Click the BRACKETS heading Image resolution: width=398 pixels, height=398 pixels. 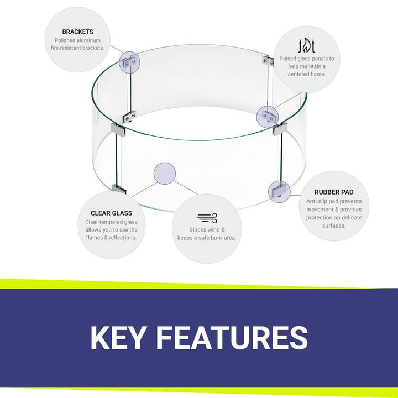coord(77,32)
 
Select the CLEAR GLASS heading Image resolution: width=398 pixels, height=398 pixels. coord(111,213)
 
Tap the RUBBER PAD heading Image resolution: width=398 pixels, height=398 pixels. coord(334,192)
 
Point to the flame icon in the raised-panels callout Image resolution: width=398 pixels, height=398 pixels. coord(307,45)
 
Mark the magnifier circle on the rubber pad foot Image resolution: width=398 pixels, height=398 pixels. coord(279,192)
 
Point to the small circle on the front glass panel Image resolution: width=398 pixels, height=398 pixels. coord(165,173)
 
